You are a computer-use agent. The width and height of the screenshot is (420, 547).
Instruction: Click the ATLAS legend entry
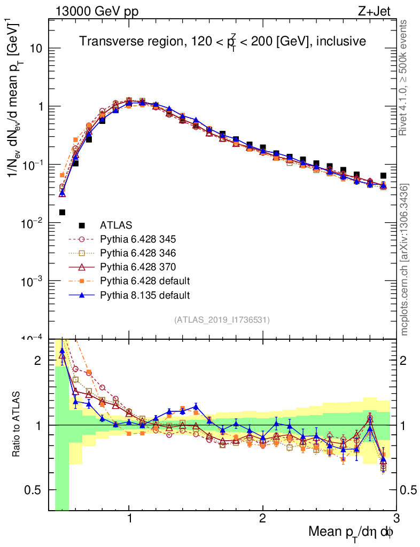point(116,225)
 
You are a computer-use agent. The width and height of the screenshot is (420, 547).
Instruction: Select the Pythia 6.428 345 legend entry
point(138,239)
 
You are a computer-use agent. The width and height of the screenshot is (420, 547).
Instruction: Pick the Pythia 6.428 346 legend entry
point(138,253)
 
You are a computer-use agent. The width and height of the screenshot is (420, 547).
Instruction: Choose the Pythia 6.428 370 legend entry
point(138,267)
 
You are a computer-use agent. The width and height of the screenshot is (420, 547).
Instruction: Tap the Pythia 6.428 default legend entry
point(144,280)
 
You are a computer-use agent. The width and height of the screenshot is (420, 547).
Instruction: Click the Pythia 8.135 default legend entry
point(144,294)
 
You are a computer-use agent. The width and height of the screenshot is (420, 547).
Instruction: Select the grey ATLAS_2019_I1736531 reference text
point(222,320)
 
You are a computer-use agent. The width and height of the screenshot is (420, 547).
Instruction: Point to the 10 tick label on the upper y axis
point(35,49)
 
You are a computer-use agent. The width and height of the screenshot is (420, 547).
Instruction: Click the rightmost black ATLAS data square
point(383,175)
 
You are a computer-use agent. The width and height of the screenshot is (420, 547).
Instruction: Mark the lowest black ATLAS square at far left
point(62,212)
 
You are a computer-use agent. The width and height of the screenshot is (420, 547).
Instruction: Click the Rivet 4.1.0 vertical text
point(405,77)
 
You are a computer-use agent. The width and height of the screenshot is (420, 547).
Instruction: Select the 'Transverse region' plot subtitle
point(222,41)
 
